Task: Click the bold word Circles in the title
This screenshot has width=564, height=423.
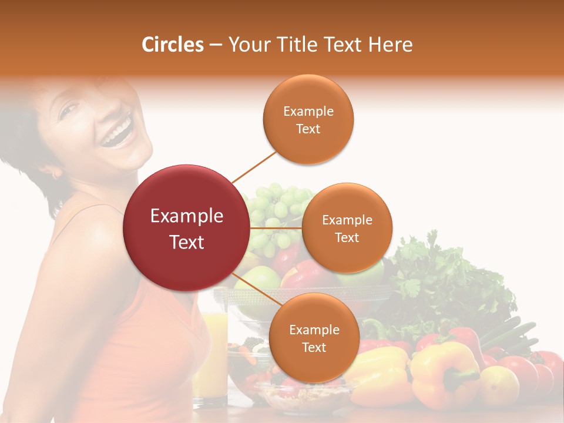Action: coord(172,45)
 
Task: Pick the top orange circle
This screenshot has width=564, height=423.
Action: coord(308,119)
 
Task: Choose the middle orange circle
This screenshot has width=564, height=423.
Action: coord(347,228)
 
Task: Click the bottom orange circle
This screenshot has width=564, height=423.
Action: coord(314,338)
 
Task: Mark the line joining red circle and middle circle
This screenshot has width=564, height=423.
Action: coord(276,227)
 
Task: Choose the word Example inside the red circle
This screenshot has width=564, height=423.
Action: coord(187,216)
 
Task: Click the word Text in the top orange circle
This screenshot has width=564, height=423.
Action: coord(308,129)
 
